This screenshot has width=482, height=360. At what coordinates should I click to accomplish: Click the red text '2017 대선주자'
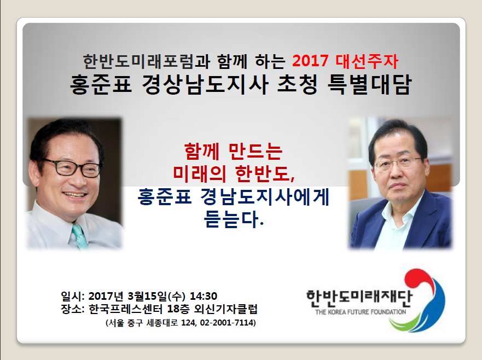point(345,61)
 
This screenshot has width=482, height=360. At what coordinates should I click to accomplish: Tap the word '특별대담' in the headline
point(369,84)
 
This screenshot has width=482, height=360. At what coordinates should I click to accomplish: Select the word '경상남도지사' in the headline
point(205,84)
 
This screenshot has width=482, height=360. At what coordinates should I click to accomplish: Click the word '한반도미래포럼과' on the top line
point(147,61)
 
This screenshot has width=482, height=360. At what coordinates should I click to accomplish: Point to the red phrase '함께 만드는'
point(233,151)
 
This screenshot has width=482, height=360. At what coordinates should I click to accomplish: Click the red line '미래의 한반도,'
point(234,173)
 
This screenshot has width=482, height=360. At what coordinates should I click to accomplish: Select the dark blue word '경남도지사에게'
point(265,196)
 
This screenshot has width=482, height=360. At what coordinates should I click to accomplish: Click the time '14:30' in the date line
point(204,296)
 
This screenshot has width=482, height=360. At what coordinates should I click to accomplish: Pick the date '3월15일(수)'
point(156,296)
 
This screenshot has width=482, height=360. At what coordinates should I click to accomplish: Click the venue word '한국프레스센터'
point(126,309)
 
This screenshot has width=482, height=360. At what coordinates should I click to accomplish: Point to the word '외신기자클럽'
point(225,309)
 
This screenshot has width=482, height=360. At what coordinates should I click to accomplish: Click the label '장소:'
point(73,309)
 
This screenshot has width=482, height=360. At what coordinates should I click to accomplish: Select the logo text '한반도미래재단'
point(359,298)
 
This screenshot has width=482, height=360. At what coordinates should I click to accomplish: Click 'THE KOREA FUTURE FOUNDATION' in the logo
point(361,312)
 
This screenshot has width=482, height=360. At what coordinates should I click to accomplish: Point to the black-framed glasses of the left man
point(73,167)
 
